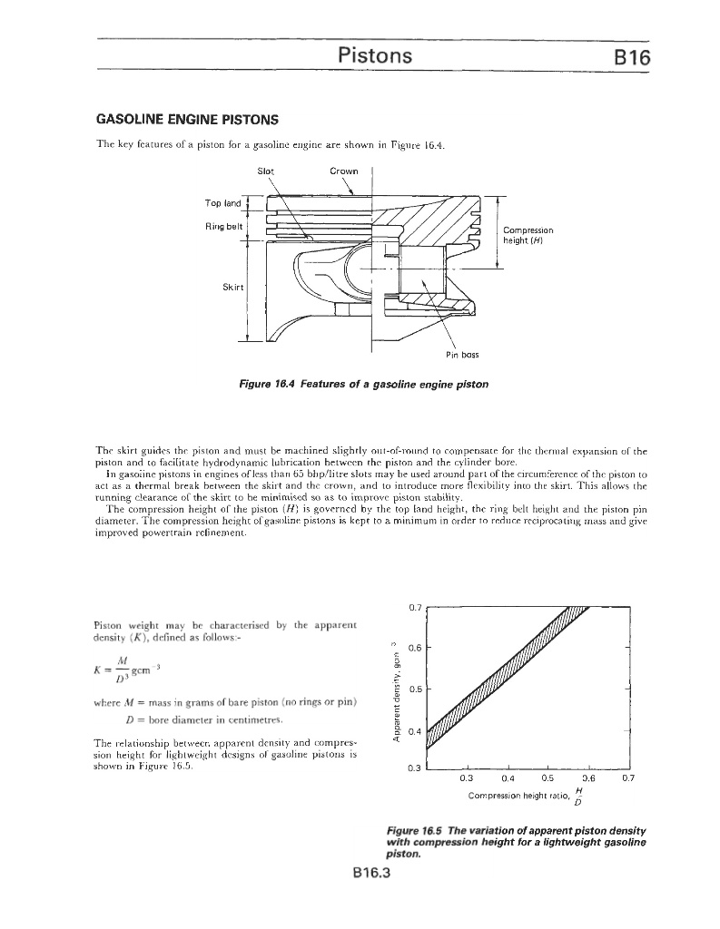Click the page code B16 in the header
point(627,56)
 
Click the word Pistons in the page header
point(375,55)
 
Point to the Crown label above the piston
point(344,171)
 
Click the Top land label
point(222,203)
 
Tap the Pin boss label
point(462,355)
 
